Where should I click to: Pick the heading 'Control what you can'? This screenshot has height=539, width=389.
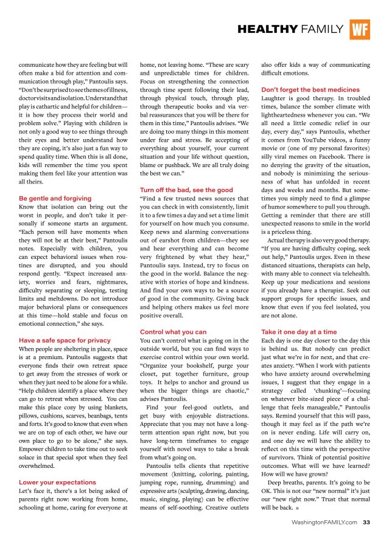coord(173,332)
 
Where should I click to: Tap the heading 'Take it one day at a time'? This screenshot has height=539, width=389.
coord(298,332)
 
